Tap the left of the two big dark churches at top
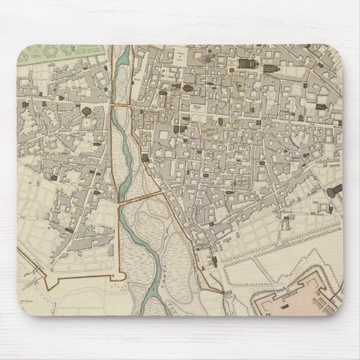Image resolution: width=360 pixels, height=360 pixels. click(x=251, y=67)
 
